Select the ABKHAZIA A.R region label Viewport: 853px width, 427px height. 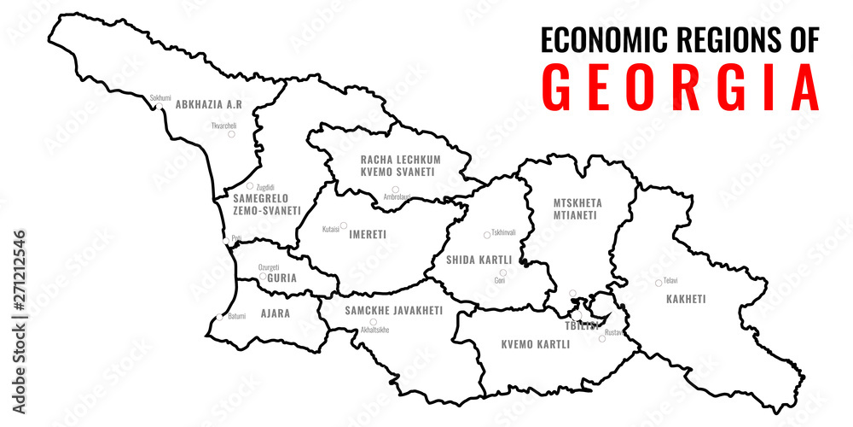tap(209, 104)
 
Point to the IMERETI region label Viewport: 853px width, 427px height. tap(368, 233)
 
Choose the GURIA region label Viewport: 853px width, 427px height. tap(281, 278)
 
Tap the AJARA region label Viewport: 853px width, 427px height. tap(275, 313)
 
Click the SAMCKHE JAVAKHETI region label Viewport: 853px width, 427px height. tap(394, 311)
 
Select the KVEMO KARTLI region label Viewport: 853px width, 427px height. tap(535, 345)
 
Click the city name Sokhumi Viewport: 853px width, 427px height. tap(160, 98)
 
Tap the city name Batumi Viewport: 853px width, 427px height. tap(235, 316)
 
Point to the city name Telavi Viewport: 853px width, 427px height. tap(670, 281)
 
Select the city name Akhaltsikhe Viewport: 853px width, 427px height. tap(375, 330)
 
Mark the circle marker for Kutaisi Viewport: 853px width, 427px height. tap(344, 227)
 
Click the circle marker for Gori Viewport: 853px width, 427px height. tap(503, 272)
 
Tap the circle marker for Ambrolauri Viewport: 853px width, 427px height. tap(395, 190)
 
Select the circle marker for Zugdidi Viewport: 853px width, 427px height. tap(250, 185)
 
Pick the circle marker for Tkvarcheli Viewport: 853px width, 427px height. tap(230, 133)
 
